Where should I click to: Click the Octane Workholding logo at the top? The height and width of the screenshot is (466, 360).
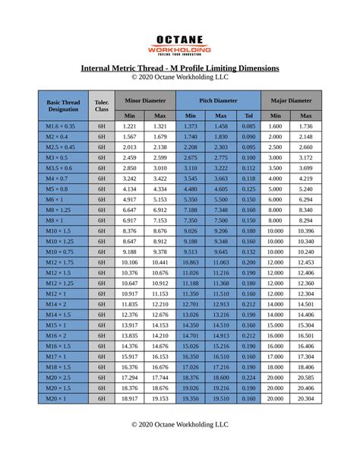click(x=179, y=43)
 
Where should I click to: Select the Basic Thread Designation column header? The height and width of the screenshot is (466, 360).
click(x=63, y=105)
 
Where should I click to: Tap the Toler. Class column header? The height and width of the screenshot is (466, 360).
click(x=101, y=105)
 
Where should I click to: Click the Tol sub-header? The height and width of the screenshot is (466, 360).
click(x=248, y=116)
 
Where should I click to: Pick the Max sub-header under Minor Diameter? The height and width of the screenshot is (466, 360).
click(x=159, y=116)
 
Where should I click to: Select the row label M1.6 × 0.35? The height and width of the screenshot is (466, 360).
click(x=61, y=126)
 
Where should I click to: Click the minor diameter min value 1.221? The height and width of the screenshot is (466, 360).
click(x=129, y=126)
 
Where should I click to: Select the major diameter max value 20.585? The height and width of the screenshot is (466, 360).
click(x=306, y=377)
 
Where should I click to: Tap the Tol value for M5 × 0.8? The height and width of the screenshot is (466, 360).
click(x=248, y=189)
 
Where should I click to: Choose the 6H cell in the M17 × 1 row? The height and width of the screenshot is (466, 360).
click(x=101, y=356)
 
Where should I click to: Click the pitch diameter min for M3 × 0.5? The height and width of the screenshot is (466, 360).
click(x=190, y=157)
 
